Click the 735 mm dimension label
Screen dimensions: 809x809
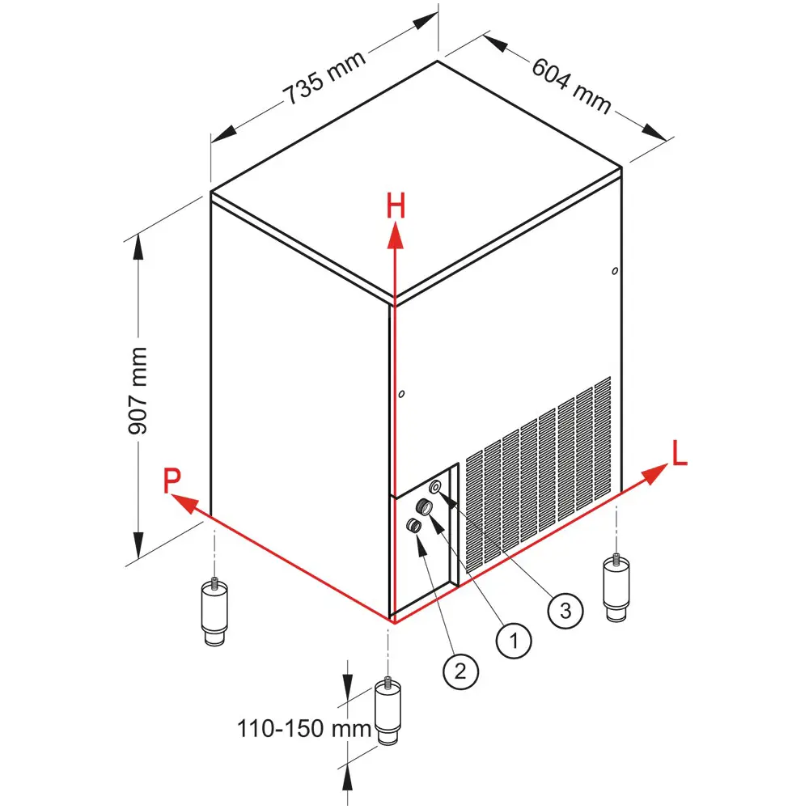tap(324, 78)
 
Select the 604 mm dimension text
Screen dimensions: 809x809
tap(571, 87)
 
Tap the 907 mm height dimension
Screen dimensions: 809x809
tap(138, 391)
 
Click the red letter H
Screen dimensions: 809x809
tap(395, 207)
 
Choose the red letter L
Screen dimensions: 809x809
tap(680, 454)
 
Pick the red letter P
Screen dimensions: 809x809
tap(172, 481)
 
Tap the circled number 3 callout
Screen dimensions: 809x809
tap(565, 610)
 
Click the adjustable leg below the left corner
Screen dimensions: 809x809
tap(214, 611)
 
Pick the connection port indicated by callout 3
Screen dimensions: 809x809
tap(436, 486)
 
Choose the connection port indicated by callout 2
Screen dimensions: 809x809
tap(413, 527)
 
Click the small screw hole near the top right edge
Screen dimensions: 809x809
tap(616, 269)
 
